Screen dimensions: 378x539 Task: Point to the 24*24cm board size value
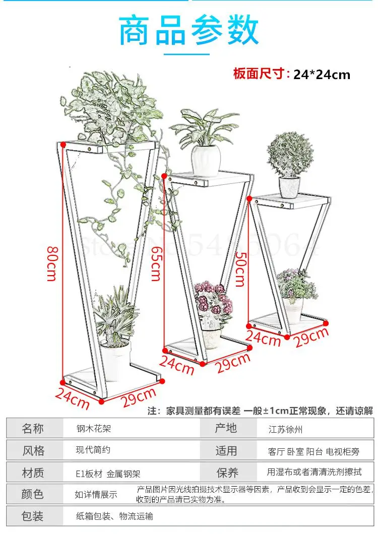pos(322,75)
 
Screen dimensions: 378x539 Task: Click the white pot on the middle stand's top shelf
pos(206,160)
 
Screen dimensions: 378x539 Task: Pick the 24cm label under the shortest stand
pos(264,339)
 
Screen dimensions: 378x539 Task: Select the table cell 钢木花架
pos(93,429)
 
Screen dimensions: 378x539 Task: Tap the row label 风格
pos(33,450)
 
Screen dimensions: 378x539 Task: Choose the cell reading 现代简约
pos(93,450)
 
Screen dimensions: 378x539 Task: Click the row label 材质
pos(33,473)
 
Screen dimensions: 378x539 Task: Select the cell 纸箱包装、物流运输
pos(114,516)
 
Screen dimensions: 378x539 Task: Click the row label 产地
pos(226,429)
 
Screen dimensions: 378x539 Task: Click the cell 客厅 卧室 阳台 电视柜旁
pos(314,451)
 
